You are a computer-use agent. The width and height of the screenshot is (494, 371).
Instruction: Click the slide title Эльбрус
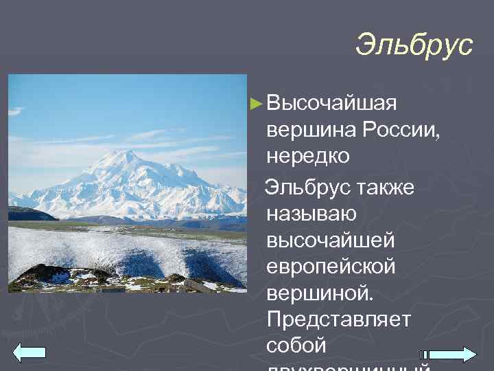pos(414,45)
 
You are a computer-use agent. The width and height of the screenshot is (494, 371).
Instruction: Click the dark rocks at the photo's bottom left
pos(41,275)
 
